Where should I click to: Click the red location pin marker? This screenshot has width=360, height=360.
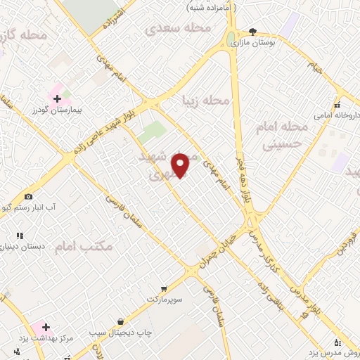point(181,165)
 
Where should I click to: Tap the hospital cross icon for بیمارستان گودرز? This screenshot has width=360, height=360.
point(57,98)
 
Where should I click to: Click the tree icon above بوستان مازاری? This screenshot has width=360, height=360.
point(253,32)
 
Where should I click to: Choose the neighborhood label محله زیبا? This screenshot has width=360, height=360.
point(205,101)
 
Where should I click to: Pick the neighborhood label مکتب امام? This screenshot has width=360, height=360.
point(102,246)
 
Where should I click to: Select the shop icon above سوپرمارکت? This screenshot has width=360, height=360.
point(164,288)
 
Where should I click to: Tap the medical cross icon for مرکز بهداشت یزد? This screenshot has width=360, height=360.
point(46,328)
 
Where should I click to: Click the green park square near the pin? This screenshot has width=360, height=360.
point(151,132)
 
